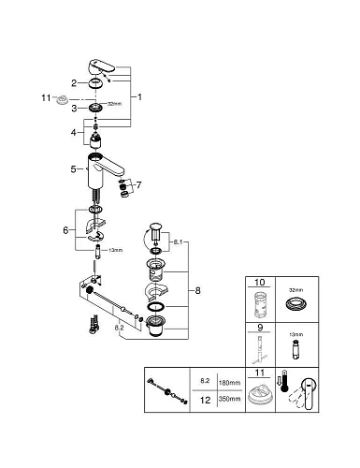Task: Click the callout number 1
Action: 140,96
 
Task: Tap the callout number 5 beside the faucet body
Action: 72,169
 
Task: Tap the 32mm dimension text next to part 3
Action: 114,107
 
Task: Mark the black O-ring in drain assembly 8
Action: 155,307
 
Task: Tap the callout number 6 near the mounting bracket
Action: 65,231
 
